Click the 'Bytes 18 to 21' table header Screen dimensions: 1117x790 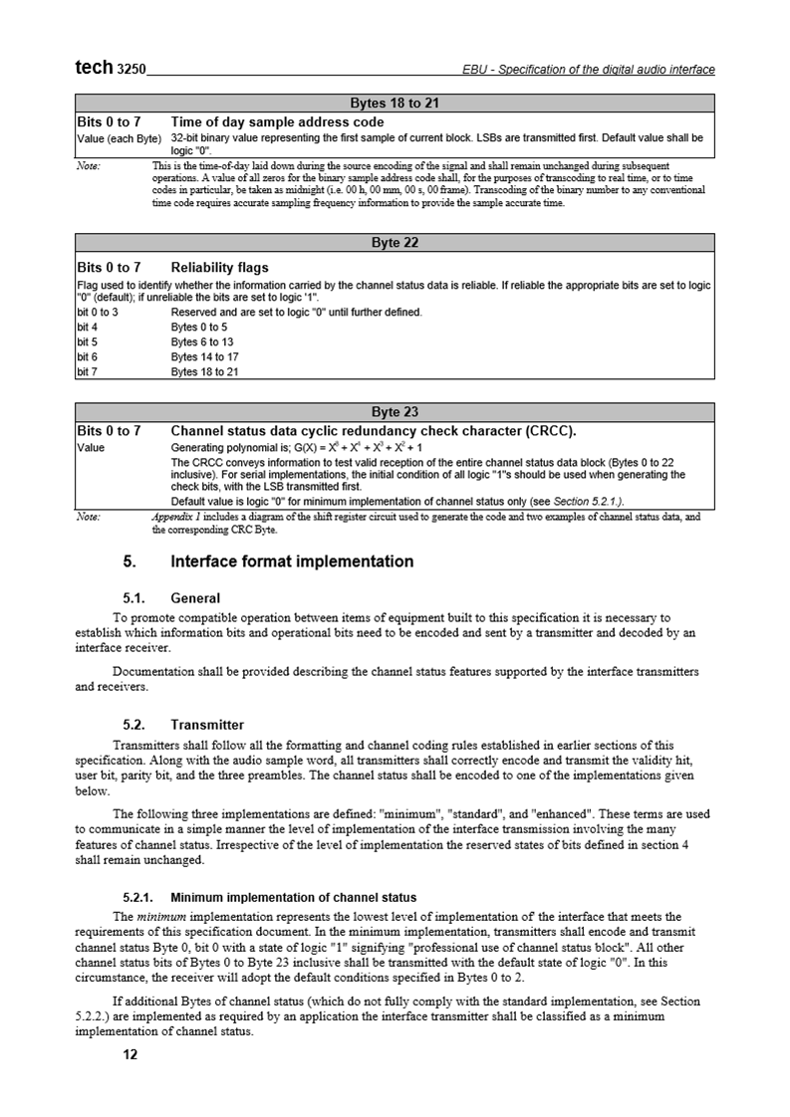pos(395,103)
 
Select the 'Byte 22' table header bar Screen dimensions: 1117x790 pos(395,243)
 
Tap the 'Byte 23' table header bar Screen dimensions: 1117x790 pos(395,412)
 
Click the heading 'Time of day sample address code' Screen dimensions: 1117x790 pos(277,122)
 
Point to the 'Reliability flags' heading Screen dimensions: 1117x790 pos(219,267)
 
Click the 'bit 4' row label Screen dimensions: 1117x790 pos(88,327)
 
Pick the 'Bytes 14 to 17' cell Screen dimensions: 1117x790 pos(204,356)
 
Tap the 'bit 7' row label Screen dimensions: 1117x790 pos(88,372)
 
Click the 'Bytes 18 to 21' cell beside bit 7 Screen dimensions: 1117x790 pos(204,372)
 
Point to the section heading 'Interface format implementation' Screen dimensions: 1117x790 pos(292,561)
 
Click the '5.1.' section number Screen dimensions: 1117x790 pos(134,599)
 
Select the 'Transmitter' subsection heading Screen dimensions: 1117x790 pos(207,724)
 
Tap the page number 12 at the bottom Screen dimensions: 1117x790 pos(130,1055)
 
